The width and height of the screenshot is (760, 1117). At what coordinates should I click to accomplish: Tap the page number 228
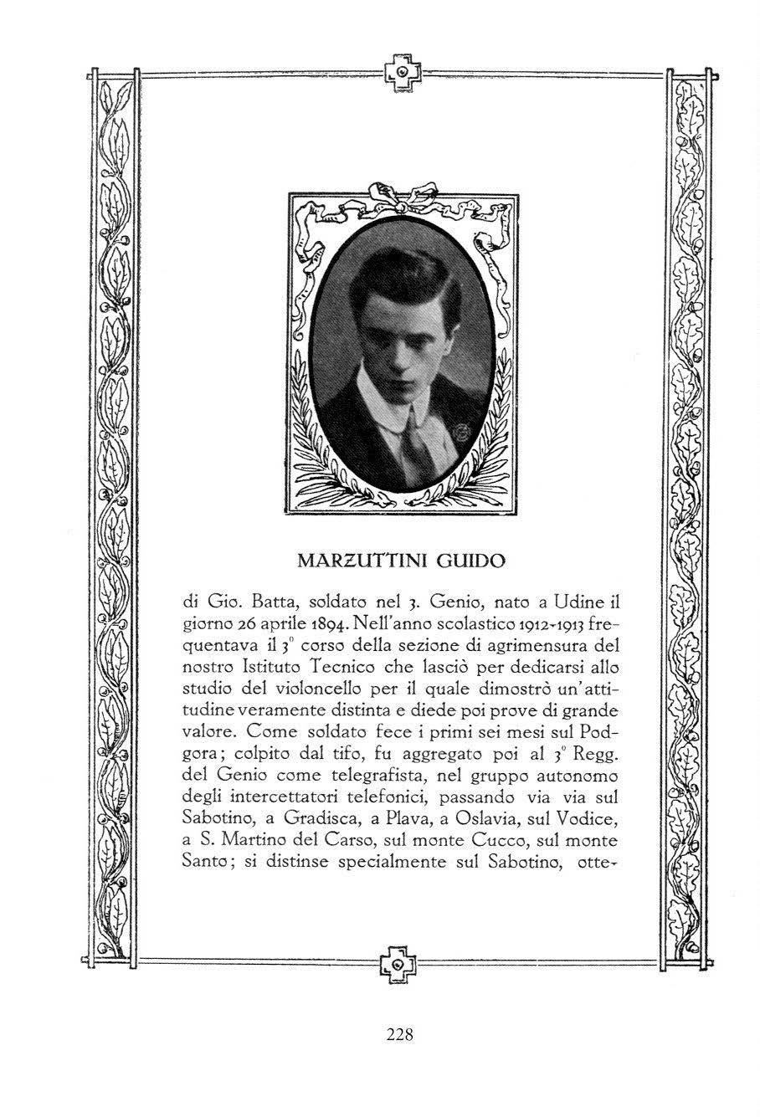(400, 1034)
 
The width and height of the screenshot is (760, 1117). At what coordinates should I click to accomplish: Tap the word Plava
(423, 820)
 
